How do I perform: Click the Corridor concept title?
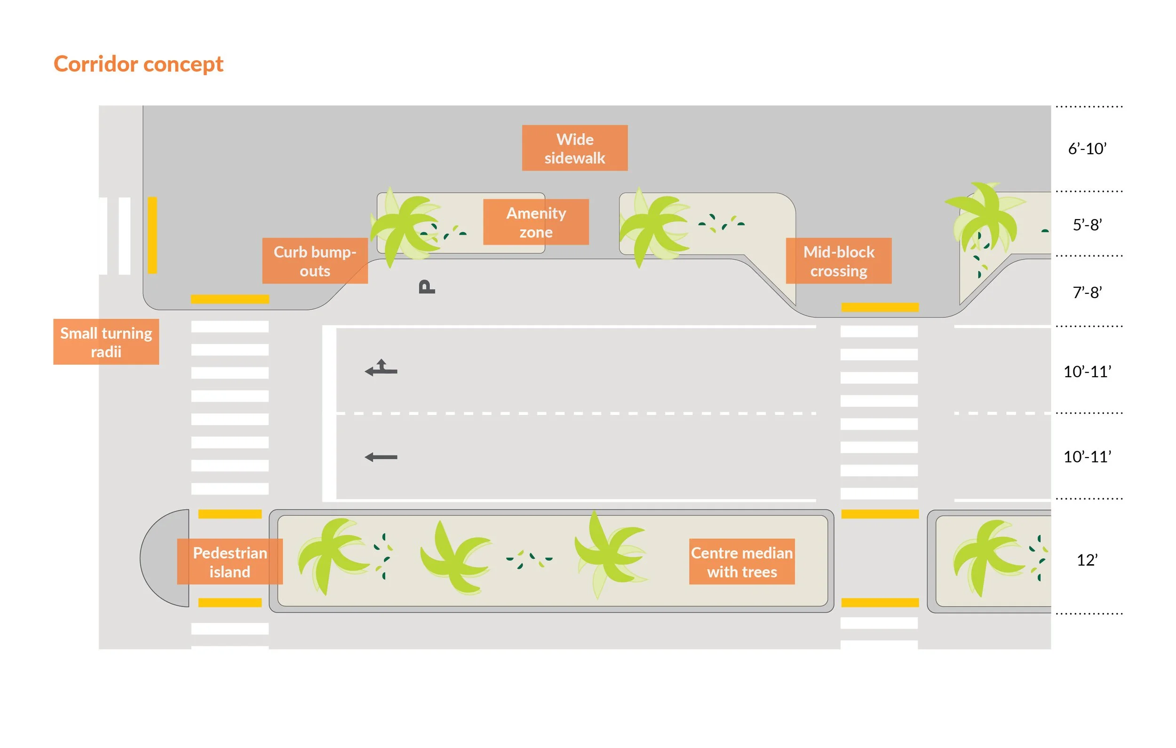(138, 64)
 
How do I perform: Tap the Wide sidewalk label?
(574, 148)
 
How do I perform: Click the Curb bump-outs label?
(315, 261)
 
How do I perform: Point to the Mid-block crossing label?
(838, 261)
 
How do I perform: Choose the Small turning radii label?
(106, 342)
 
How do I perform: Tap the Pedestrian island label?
(230, 561)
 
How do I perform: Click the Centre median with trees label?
(741, 561)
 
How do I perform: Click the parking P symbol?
(426, 287)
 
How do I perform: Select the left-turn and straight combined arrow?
(381, 368)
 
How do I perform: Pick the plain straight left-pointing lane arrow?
(381, 457)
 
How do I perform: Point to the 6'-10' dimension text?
(1087, 149)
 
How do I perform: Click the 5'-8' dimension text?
(1087, 225)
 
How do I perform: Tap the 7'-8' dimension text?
(1087, 292)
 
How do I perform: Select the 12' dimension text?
(1087, 559)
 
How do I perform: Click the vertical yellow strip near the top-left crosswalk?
(152, 235)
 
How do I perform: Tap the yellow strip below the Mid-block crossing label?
(880, 307)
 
